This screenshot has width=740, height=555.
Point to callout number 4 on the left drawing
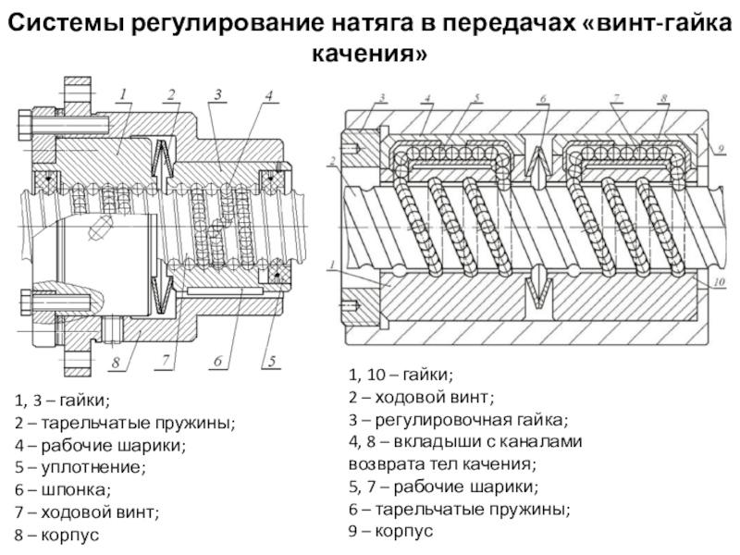click(x=267, y=95)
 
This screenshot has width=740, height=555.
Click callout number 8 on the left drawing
click(x=117, y=363)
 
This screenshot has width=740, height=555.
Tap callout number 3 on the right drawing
click(x=380, y=98)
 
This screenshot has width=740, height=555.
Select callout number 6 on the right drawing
click(x=544, y=98)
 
